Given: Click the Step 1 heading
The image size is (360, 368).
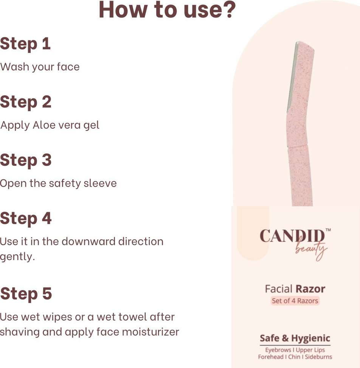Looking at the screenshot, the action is [x=25, y=44].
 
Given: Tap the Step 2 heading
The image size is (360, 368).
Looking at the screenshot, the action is [x=26, y=102].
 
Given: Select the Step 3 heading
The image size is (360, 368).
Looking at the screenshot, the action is [x=26, y=160].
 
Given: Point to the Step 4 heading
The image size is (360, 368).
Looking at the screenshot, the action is [x=26, y=218].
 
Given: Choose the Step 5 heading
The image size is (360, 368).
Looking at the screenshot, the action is [x=26, y=294].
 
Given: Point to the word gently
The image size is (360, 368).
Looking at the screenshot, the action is [x=17, y=257].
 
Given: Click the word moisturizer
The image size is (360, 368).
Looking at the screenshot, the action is [x=151, y=332].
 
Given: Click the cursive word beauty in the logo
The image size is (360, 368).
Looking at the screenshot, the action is [x=311, y=250].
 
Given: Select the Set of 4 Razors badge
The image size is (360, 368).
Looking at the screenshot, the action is [x=295, y=301].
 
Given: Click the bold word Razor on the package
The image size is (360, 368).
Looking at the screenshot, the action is [x=310, y=289].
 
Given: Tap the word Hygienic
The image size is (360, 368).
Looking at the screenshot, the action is [x=311, y=339].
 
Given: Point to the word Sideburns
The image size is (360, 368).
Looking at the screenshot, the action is [x=318, y=357].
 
